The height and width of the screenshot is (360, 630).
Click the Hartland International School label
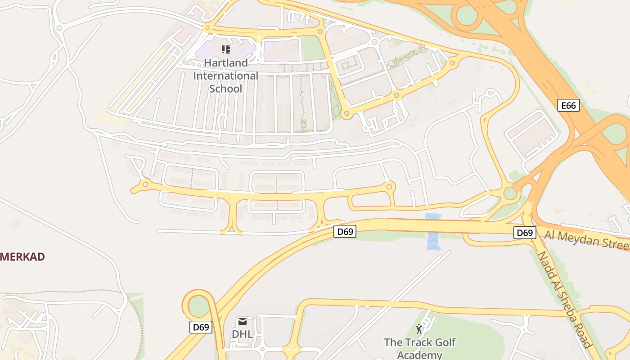(x=225, y=76)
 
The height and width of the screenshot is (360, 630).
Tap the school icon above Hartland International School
(x=226, y=49)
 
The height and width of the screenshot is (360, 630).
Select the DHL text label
(x=242, y=334)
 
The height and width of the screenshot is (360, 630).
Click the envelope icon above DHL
(x=243, y=321)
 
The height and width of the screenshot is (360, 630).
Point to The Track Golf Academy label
(x=419, y=348)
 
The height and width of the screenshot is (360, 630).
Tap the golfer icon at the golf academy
(x=419, y=329)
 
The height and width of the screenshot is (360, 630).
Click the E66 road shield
(x=568, y=106)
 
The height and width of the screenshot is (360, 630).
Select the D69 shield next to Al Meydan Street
(x=525, y=233)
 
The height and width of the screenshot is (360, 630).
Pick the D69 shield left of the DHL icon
(x=201, y=327)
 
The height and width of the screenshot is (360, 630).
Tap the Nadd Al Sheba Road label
(x=564, y=299)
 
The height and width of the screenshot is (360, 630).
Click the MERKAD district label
(x=22, y=257)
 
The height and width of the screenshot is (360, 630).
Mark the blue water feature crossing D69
(x=433, y=232)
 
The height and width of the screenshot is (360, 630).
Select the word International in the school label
(x=225, y=76)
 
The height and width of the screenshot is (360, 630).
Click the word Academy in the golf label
(x=419, y=355)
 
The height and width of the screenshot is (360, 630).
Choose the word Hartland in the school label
(x=225, y=63)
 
